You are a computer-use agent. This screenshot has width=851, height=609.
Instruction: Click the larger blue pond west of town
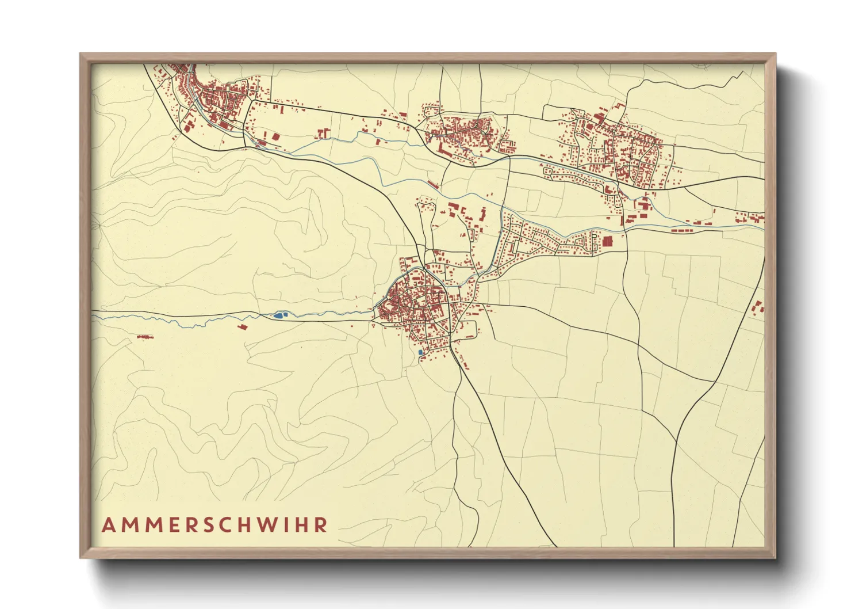click(x=279, y=315)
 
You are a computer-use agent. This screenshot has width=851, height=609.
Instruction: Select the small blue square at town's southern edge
click(x=420, y=352)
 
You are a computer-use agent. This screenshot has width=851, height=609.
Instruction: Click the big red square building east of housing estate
click(x=607, y=241)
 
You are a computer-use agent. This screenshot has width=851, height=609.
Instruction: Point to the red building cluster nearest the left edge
click(x=145, y=336)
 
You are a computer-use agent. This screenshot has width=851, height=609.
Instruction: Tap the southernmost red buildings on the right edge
click(x=757, y=307)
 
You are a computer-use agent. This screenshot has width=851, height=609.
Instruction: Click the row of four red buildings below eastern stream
click(x=682, y=230)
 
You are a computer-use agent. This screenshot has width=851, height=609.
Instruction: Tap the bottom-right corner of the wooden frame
click(x=775, y=557)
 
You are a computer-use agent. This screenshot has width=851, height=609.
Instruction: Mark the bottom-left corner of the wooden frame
click(x=80, y=557)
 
